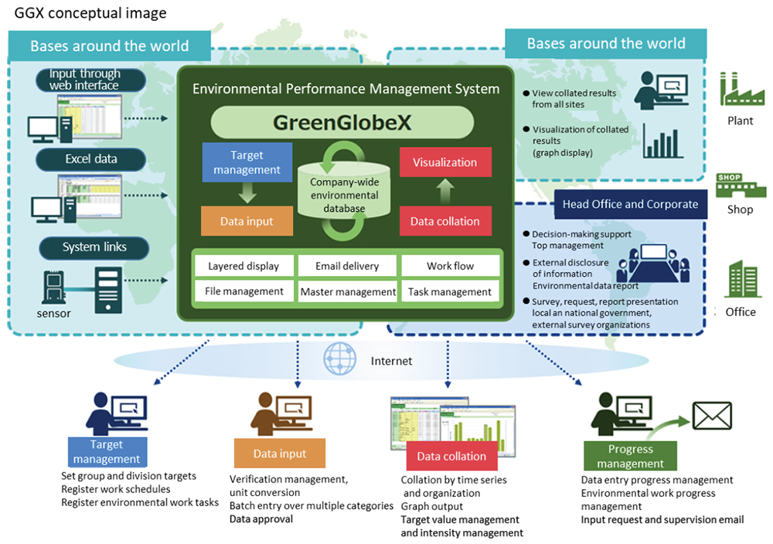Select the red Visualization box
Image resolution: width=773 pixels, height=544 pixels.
pyautogui.click(x=444, y=162)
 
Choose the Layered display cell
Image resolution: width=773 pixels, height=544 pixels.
pyautogui.click(x=243, y=266)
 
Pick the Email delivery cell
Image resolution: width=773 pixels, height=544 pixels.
pyautogui.click(x=347, y=266)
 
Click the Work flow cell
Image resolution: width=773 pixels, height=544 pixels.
pyautogui.click(x=450, y=266)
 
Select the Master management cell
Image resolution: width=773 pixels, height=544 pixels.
pyautogui.click(x=347, y=291)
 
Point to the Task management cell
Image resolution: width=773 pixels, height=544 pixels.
pyautogui.click(x=450, y=291)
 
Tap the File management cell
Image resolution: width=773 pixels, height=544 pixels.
pyautogui.click(x=243, y=291)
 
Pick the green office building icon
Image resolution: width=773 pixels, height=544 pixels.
pyautogui.click(x=740, y=279)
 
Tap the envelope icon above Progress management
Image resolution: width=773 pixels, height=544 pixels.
pyautogui.click(x=712, y=416)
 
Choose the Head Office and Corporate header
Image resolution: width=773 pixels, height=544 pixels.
pyautogui.click(x=630, y=204)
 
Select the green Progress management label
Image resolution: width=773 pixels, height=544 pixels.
pyautogui.click(x=630, y=456)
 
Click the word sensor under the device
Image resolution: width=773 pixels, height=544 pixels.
pyautogui.click(x=54, y=313)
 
